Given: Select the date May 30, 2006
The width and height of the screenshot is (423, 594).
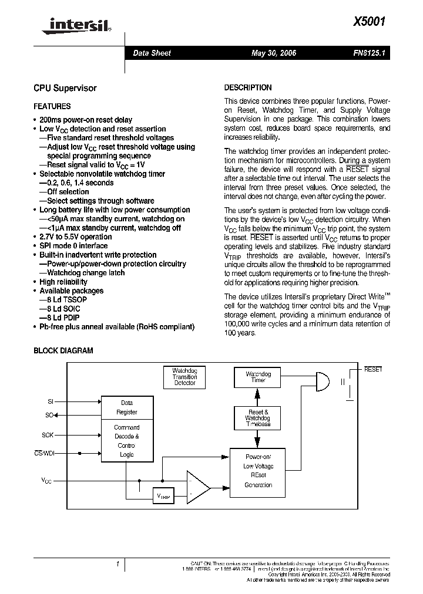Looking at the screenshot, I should pyautogui.click(x=273, y=53).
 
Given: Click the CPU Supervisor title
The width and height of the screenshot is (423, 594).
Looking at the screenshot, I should pyautogui.click(x=65, y=88).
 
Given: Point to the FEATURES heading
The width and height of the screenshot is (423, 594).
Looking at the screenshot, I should pyautogui.click(x=52, y=106).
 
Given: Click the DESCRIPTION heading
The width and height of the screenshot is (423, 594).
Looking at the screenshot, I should pyautogui.click(x=248, y=87).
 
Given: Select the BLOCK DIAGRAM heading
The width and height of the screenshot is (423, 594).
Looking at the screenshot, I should pyautogui.click(x=63, y=350).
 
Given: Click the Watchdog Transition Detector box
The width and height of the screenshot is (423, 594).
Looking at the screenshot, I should pyautogui.click(x=184, y=377).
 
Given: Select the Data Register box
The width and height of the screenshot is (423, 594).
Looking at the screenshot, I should pyautogui.click(x=127, y=407).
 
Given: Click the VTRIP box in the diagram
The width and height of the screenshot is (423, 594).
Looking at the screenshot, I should pyautogui.click(x=163, y=495).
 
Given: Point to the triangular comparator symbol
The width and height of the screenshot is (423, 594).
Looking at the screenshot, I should pyautogui.click(x=197, y=487).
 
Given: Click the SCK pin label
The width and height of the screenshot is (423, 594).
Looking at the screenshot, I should pyautogui.click(x=47, y=435).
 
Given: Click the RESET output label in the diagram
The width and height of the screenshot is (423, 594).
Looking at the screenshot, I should pyautogui.click(x=373, y=370).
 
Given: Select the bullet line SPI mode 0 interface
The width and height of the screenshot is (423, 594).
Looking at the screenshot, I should pyautogui.click(x=73, y=246).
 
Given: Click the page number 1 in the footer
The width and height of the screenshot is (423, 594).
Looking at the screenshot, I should pyautogui.click(x=118, y=565).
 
